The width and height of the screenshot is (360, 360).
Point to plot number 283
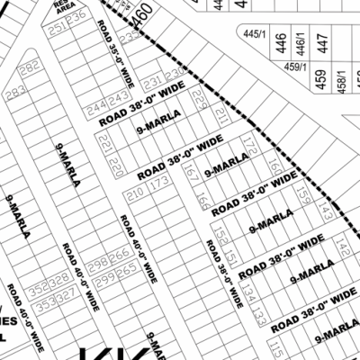13,93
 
